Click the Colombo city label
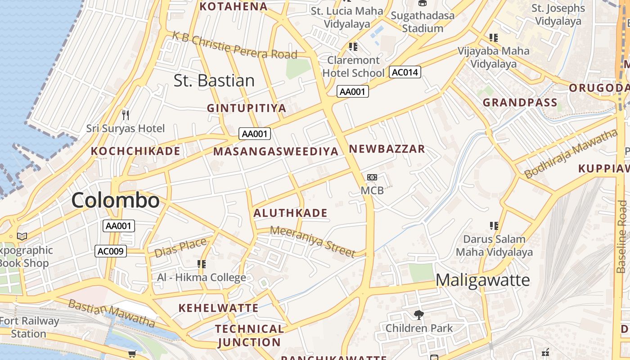(115, 200)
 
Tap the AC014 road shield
(405, 72)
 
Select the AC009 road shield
(111, 251)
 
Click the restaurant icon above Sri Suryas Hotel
(126, 115)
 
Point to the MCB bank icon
(372, 177)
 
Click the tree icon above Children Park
(419, 315)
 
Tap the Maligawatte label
(483, 280)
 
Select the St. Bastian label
(214, 81)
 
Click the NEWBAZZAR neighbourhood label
(387, 149)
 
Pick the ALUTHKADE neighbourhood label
(290, 213)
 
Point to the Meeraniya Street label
(313, 242)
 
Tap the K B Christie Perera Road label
(234, 45)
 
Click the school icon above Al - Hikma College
(202, 264)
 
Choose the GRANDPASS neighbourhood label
(520, 103)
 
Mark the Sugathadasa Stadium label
(423, 22)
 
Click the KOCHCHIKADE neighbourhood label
(135, 151)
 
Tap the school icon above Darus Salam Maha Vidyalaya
(494, 225)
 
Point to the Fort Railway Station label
(29, 327)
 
